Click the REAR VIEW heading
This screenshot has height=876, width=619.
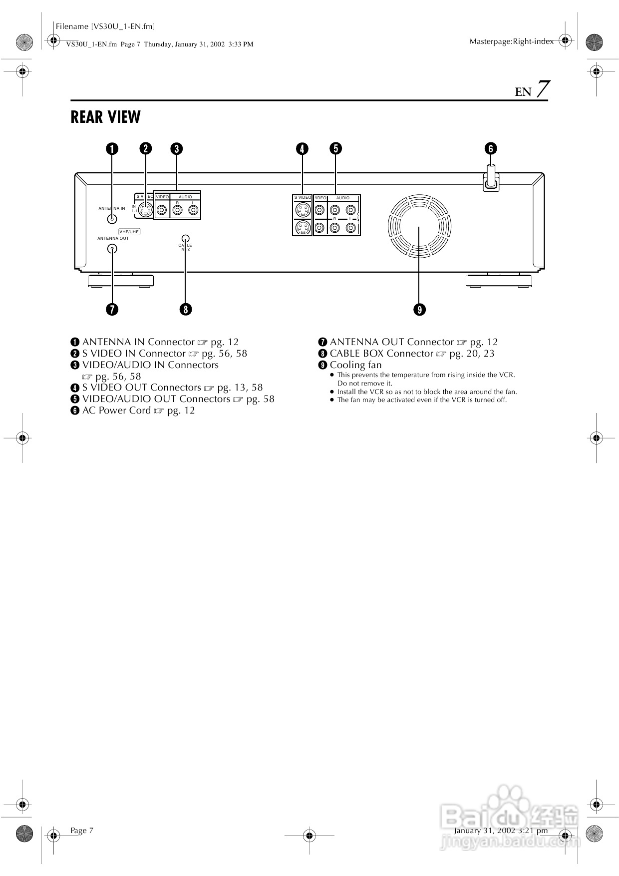point(105,117)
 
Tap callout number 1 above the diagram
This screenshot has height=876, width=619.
point(112,149)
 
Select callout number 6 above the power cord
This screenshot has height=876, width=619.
point(491,149)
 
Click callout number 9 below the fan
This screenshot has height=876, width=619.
point(419,310)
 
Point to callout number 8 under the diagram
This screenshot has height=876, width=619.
point(185,310)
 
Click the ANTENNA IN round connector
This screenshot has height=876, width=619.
point(112,218)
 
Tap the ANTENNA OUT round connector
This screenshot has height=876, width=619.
point(112,249)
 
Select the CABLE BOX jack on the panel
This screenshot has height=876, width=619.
point(185,239)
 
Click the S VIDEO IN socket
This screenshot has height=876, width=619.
point(145,210)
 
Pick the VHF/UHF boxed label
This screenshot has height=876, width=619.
point(129,232)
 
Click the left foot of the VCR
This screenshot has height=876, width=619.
point(120,281)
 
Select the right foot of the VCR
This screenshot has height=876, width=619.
point(498,281)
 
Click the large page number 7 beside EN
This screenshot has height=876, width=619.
point(543,90)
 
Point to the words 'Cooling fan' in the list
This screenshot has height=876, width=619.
point(355,365)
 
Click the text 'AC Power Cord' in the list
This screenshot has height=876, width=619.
point(116,411)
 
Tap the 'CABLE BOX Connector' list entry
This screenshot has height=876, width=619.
point(381,354)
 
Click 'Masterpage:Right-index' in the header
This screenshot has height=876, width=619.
point(511,42)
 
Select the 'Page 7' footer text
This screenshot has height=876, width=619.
point(82,831)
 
